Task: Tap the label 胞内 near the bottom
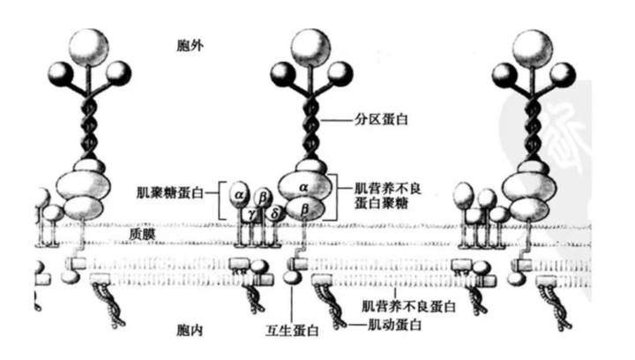(x=190, y=330)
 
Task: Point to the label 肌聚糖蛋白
(x=176, y=191)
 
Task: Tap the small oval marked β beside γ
(x=263, y=193)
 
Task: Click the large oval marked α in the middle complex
(x=304, y=187)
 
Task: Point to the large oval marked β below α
(x=305, y=209)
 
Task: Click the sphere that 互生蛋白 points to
(x=293, y=279)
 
